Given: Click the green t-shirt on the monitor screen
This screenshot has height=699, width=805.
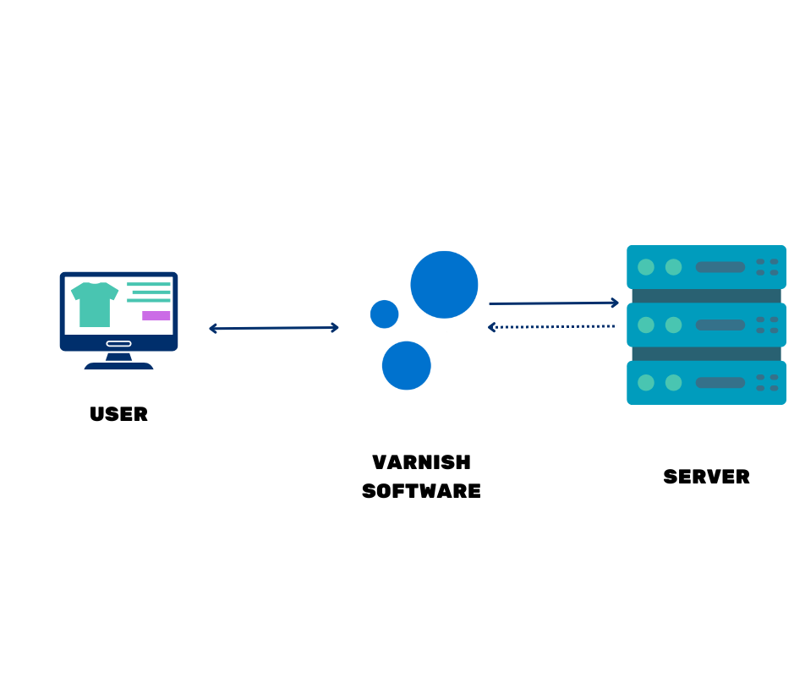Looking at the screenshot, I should (x=95, y=306).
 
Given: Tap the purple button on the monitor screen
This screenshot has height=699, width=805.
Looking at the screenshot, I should (x=156, y=316).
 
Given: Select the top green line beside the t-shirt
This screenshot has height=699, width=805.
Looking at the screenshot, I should (x=149, y=284).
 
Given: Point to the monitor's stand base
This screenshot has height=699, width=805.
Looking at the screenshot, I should (x=118, y=366).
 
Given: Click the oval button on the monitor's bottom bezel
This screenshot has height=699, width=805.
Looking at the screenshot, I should (x=118, y=343).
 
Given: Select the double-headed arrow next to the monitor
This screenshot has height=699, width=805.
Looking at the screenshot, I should (x=273, y=328).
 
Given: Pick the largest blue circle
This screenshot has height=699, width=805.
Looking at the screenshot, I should (x=444, y=285).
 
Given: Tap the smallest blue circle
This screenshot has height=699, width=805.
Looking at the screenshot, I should (x=385, y=314).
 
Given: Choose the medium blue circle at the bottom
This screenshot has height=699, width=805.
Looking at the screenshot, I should (x=406, y=365).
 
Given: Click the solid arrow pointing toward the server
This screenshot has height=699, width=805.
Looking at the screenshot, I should (x=554, y=303).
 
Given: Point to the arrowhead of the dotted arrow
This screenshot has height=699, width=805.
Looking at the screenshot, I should (x=491, y=327).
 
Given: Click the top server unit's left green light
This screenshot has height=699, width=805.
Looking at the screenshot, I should (x=646, y=267).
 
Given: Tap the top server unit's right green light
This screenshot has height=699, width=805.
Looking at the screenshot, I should (x=673, y=267).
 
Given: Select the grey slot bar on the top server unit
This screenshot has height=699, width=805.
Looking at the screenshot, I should (x=720, y=267).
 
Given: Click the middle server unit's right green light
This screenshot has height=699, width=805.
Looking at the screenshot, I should (x=673, y=325).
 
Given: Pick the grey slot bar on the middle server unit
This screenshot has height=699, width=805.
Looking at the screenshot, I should (x=720, y=325).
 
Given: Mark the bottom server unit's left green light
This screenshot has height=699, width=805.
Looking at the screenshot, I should (x=646, y=383).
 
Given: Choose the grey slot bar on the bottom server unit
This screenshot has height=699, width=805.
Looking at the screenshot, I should (x=720, y=383).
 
